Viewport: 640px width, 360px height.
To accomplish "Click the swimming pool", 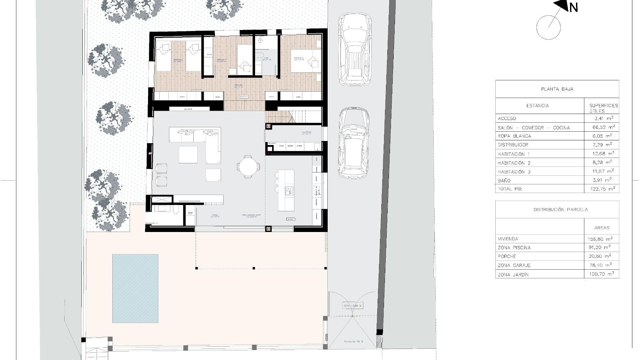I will (135, 288).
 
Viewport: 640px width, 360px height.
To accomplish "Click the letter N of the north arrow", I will (573, 7).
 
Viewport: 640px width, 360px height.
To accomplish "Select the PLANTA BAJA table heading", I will (557, 89).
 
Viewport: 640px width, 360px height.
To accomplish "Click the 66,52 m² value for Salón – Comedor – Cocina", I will (602, 127).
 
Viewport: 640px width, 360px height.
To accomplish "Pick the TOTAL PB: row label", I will (510, 189).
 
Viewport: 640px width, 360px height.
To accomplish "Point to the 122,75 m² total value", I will (602, 189).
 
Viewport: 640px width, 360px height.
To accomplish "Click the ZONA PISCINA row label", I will (514, 248).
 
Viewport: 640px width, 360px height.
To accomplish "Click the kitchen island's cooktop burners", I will (289, 191).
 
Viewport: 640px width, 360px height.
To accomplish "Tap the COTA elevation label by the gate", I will (352, 306).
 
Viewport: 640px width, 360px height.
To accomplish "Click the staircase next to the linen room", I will (293, 117).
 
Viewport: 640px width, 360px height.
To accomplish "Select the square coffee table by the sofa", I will (188, 155).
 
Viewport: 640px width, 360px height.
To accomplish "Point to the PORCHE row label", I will (507, 256).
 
